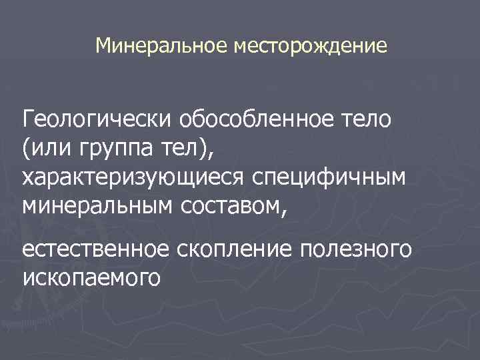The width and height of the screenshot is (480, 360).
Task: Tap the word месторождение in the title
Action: pos(309,46)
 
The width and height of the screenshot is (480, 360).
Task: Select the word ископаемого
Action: pos(91,277)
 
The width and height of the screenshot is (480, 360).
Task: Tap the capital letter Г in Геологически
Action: pos(28,122)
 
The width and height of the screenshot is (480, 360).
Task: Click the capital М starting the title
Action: pos(103,46)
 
